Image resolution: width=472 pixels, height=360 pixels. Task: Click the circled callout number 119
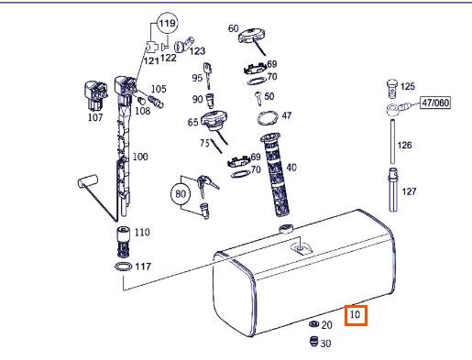pyautogui.click(x=168, y=23)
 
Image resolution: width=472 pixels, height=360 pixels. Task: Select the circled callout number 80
pyautogui.click(x=181, y=193)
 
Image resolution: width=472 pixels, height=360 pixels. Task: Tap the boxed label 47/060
pyautogui.click(x=435, y=103)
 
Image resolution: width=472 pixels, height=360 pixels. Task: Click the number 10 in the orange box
pyautogui.click(x=356, y=315)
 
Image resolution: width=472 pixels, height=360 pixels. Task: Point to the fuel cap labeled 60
pyautogui.click(x=251, y=36)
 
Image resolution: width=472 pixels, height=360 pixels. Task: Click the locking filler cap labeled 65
pyautogui.click(x=214, y=120)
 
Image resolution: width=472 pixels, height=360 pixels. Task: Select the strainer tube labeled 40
pyautogui.click(x=275, y=175)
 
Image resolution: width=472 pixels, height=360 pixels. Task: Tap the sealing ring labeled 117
pyautogui.click(x=124, y=267)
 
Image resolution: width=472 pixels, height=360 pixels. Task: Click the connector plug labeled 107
pyautogui.click(x=95, y=95)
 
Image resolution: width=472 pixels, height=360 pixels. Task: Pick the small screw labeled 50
pyautogui.click(x=258, y=98)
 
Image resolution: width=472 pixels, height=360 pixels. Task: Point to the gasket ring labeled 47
pyautogui.click(x=268, y=117)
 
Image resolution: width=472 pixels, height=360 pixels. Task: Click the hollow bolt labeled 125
pyautogui.click(x=392, y=89)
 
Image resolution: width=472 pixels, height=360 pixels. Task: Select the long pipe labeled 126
pyautogui.click(x=392, y=142)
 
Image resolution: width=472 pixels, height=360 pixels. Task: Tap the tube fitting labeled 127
pyautogui.click(x=393, y=190)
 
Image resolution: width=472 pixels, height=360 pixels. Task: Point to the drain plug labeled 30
pyautogui.click(x=313, y=341)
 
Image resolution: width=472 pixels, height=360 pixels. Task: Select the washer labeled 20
pyautogui.click(x=313, y=323)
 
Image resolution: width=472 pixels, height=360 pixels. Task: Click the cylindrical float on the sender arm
pyautogui.click(x=88, y=180)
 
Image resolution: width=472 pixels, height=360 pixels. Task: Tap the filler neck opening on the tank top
pyautogui.click(x=286, y=228)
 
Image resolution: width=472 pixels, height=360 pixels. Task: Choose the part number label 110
pyautogui.click(x=142, y=233)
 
